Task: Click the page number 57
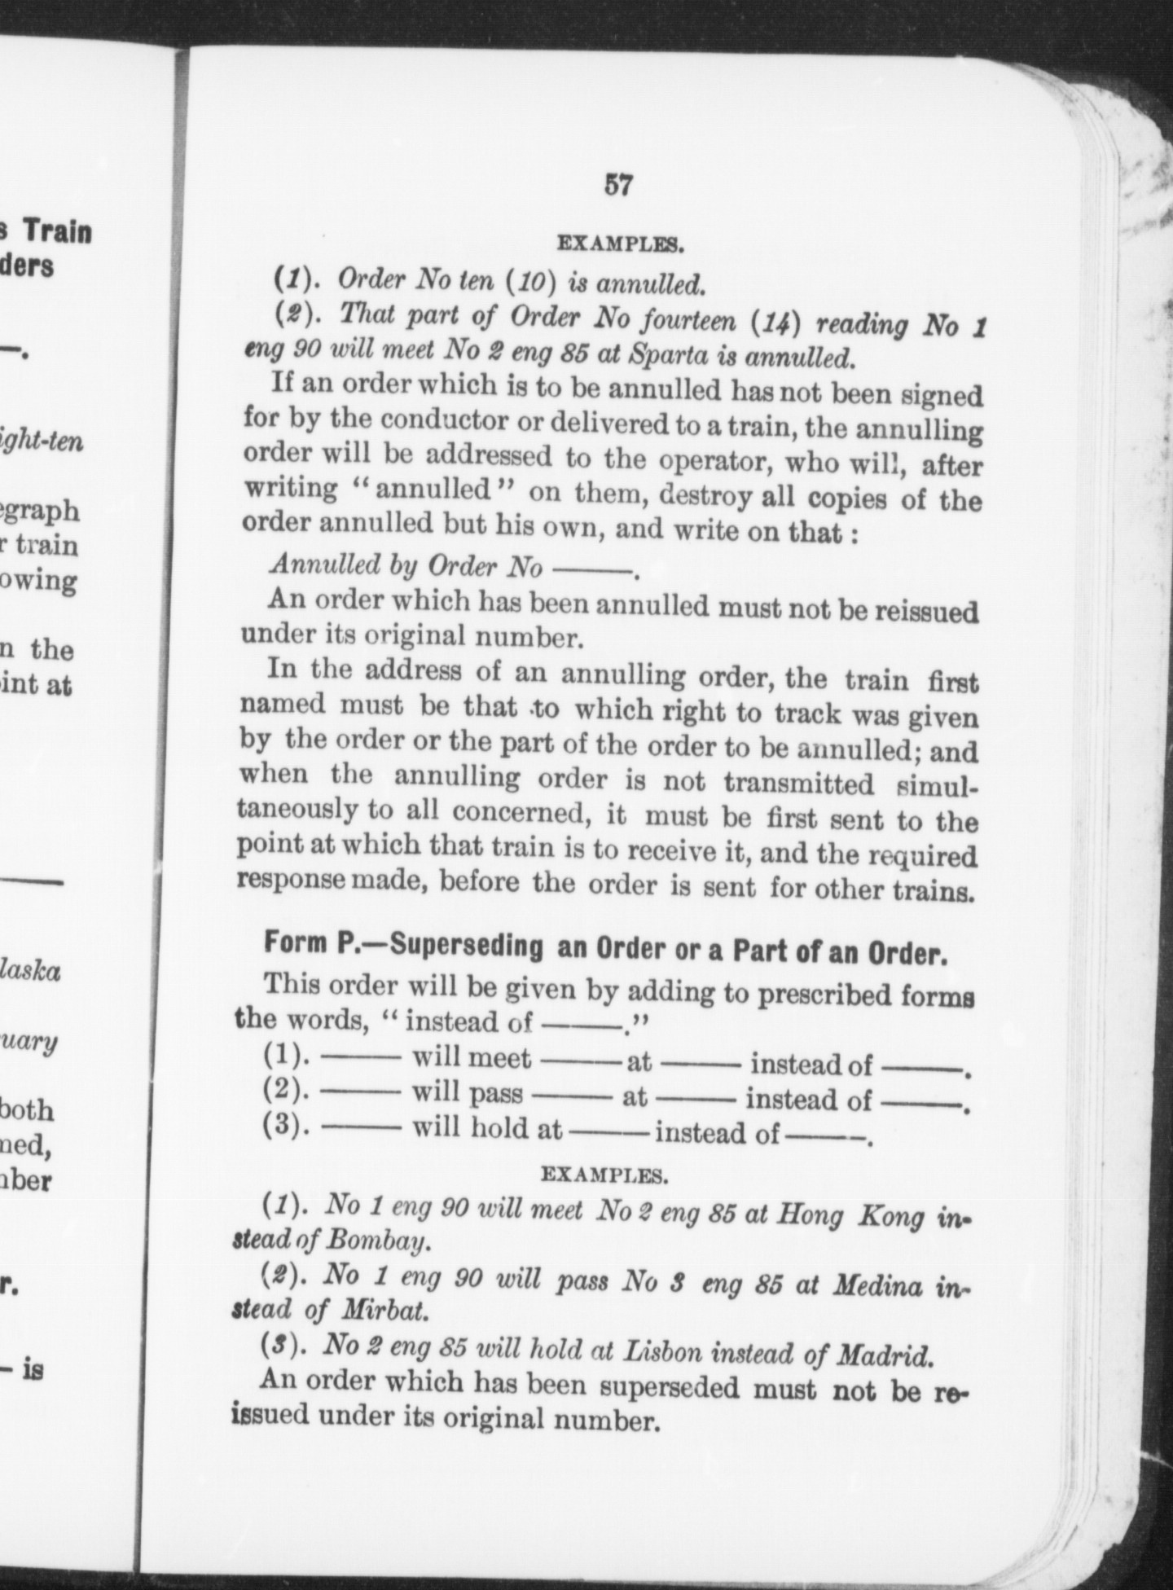click(x=617, y=186)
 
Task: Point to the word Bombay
click(x=376, y=1241)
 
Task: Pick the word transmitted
click(x=799, y=784)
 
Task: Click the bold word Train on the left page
click(x=57, y=233)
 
